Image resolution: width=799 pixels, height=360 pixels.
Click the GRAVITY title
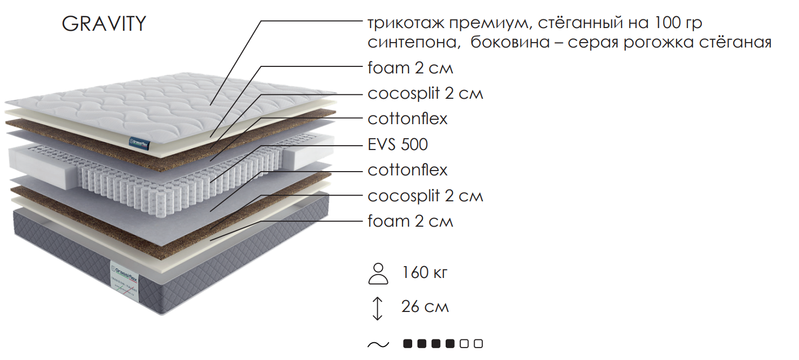click(104, 24)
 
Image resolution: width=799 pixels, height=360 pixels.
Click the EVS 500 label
click(398, 145)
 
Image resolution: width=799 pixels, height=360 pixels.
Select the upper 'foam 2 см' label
click(410, 68)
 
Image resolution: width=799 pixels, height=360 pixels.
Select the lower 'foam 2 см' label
click(410, 221)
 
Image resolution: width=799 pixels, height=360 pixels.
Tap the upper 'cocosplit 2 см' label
click(425, 93)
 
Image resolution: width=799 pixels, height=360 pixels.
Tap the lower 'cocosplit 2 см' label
click(425, 196)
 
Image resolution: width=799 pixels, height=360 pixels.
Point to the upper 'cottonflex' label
click(407, 119)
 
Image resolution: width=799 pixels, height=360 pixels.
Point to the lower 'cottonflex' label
click(407, 170)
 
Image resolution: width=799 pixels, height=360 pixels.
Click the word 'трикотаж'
click(406, 24)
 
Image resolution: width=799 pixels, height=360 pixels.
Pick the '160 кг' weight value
click(425, 273)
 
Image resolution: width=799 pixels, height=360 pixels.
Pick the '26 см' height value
click(425, 307)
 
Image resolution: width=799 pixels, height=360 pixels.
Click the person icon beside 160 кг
click(378, 274)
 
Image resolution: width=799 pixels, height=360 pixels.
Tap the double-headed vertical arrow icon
click(378, 308)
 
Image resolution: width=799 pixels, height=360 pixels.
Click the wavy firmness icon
click(378, 344)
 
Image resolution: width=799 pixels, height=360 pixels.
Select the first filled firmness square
click(407, 344)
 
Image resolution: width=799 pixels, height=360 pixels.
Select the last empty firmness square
click(479, 344)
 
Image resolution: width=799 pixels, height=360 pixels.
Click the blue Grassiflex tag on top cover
click(140, 144)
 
